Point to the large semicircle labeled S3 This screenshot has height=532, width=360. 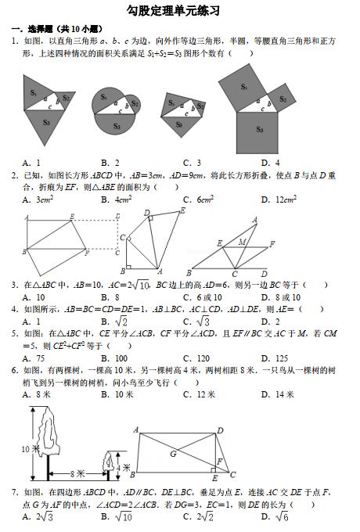[x=116, y=125]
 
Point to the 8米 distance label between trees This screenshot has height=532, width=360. [x=76, y=473]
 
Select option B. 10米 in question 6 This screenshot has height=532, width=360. [x=117, y=394]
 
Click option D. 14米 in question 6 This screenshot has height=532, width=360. [x=278, y=394]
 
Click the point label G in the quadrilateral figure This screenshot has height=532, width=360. [x=172, y=453]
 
